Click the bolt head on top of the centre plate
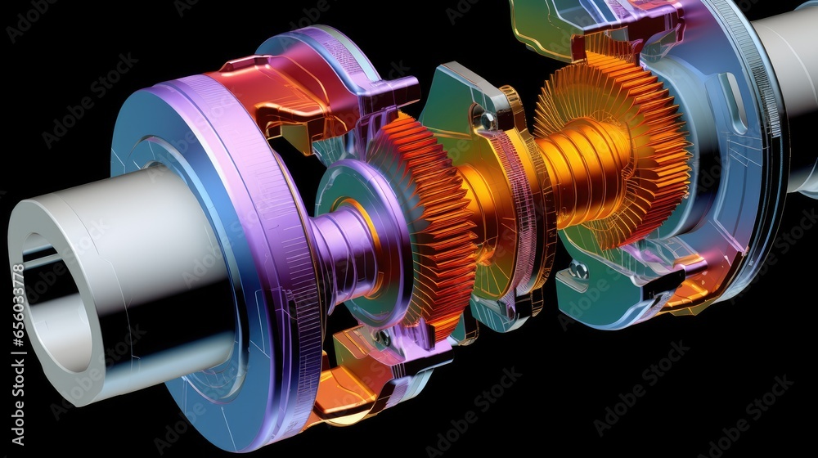coord(488,121)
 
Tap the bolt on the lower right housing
coord(579,271)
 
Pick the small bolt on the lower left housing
coord(382,336)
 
